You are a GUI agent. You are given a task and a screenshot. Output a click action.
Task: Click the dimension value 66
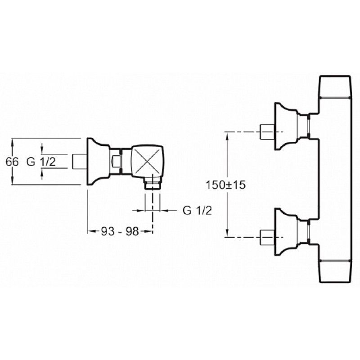tap(12, 162)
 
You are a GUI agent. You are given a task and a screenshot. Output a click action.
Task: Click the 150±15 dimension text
tap(225, 185)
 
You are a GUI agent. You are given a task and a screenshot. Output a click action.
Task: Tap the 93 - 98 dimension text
tap(120, 231)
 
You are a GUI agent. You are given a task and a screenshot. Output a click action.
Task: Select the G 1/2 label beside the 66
tap(41, 162)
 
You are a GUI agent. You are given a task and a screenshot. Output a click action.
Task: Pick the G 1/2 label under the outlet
tap(197, 210)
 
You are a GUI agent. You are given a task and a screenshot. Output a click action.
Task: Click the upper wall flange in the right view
tap(286, 126)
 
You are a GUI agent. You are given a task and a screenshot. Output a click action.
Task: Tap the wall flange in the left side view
tap(98, 162)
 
